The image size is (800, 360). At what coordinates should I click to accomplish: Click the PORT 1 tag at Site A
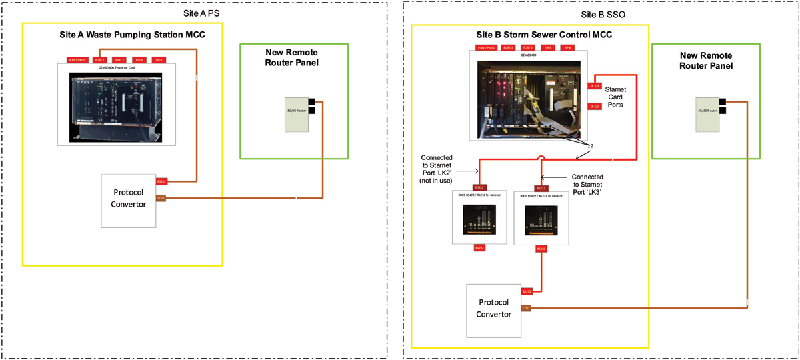(99, 60)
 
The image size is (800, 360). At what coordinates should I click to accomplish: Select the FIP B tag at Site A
(159, 60)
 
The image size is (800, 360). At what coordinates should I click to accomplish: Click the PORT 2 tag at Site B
(528, 48)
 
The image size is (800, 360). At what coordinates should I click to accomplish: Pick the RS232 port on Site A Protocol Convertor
(161, 181)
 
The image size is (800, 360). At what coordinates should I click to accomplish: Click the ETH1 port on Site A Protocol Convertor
(161, 197)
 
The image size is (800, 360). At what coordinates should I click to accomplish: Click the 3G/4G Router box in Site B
(707, 113)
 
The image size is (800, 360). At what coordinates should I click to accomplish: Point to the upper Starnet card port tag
(595, 85)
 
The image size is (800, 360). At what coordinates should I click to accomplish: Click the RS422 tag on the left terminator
(478, 188)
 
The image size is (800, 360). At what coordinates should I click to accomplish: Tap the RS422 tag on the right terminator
(541, 188)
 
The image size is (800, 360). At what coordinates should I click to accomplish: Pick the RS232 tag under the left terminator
(478, 247)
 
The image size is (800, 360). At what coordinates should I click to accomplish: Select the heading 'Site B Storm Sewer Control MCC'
(530, 35)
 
